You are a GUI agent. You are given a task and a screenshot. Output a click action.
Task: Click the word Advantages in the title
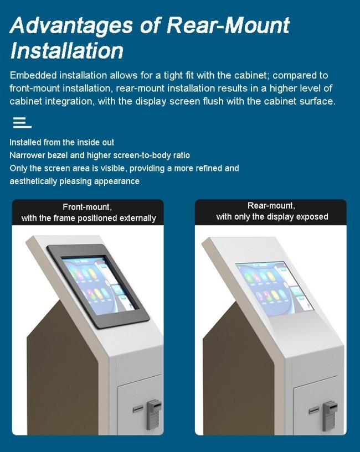pos(71,25)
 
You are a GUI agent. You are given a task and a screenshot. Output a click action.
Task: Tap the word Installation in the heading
pos(67,51)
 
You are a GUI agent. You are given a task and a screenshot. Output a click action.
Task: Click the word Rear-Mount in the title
pos(228,25)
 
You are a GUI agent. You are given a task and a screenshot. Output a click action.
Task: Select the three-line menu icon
pos(22,122)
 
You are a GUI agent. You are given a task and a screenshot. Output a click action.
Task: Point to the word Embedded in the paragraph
pos(33,75)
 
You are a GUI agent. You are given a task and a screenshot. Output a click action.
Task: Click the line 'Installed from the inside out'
pos(62,142)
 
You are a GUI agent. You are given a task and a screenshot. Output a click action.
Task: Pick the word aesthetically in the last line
pos(33,181)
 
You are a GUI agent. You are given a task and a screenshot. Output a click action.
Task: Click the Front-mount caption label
pos(88,212)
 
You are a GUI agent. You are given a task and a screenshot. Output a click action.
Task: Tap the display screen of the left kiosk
pos(99,284)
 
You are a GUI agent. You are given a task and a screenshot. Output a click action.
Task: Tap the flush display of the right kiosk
pos(275,288)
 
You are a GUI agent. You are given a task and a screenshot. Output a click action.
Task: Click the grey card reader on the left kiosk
pos(154,413)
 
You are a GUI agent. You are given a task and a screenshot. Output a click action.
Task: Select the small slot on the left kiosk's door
pos(138,408)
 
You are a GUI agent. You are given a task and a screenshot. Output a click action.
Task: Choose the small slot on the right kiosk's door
pos(314,410)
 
